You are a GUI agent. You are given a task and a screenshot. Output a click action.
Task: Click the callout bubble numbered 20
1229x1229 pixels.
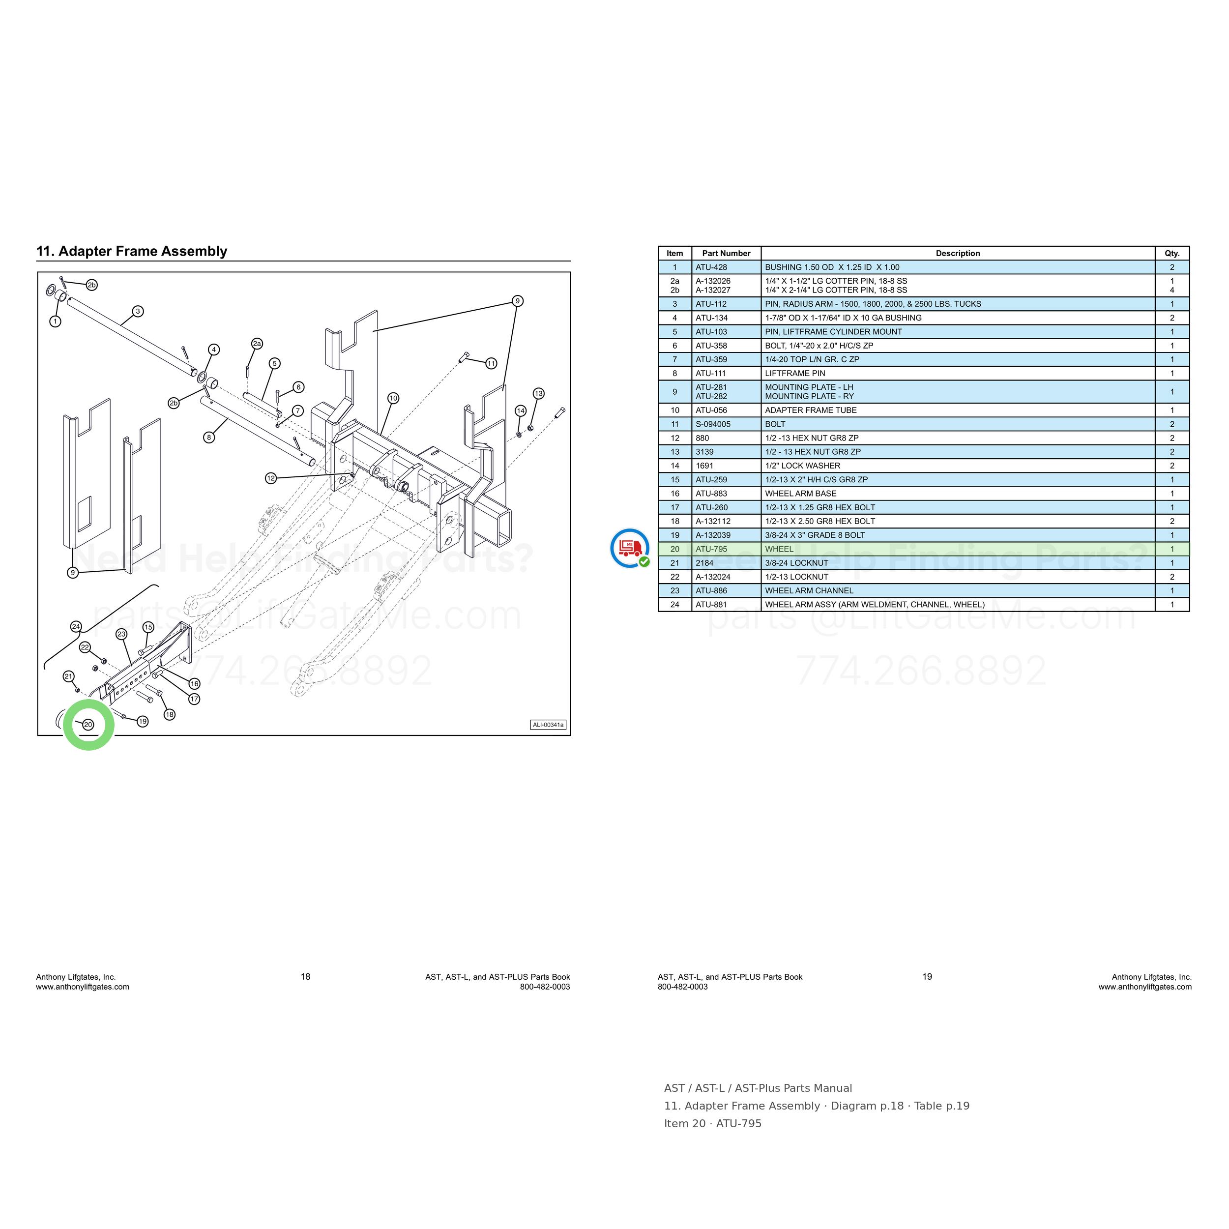(x=88, y=725)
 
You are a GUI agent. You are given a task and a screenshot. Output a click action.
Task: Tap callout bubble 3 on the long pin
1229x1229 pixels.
(x=138, y=312)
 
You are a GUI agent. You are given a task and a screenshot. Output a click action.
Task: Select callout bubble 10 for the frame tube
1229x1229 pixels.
(x=393, y=398)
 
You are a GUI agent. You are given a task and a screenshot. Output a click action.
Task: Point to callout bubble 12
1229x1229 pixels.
(x=271, y=478)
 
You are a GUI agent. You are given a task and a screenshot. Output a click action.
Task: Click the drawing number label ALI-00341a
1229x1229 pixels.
(x=548, y=725)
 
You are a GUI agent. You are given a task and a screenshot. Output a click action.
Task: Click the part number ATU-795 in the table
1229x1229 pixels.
(x=711, y=549)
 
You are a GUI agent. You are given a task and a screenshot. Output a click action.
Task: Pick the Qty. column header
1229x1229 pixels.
(x=1172, y=253)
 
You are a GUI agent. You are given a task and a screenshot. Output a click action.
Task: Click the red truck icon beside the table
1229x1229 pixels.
(x=630, y=548)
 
